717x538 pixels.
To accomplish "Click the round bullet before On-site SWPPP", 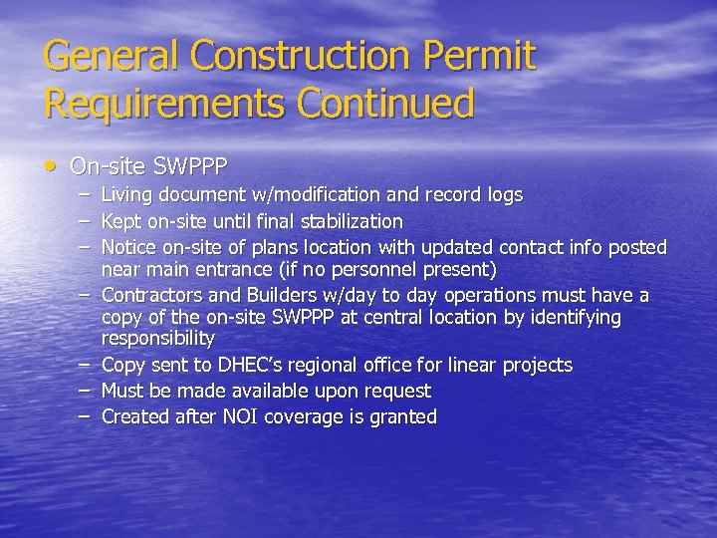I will coord(53,163).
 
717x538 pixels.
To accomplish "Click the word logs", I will coord(502,195).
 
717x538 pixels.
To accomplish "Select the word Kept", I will coord(122,221).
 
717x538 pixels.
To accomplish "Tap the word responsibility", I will coord(158,340).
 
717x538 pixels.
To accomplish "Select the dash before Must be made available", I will coord(87,391).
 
